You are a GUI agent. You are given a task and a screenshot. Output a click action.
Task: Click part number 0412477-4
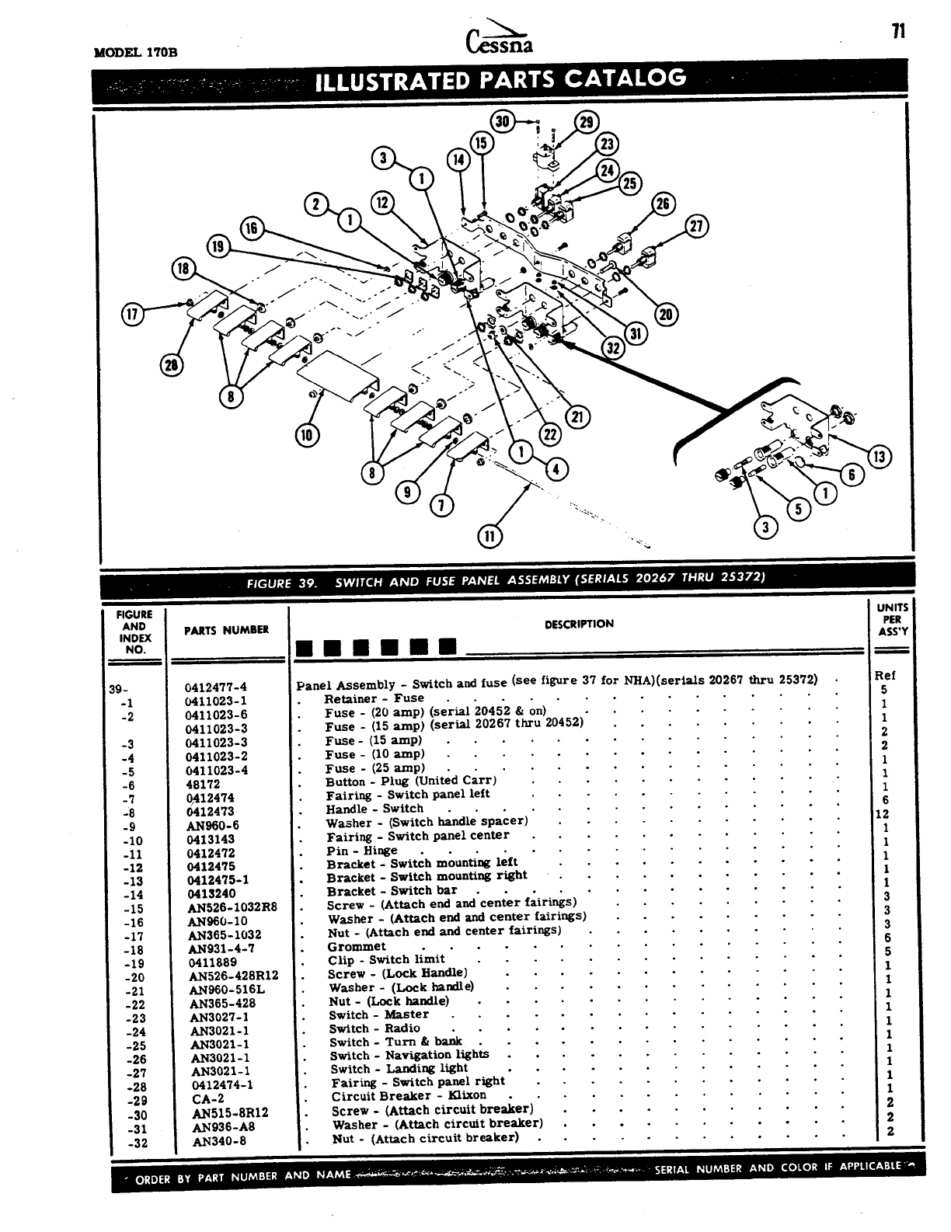tap(215, 687)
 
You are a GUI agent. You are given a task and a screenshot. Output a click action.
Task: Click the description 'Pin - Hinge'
tap(361, 851)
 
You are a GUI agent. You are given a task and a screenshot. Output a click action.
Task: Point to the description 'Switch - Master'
tap(378, 1014)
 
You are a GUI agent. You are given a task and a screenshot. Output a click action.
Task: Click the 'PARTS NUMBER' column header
tap(226, 630)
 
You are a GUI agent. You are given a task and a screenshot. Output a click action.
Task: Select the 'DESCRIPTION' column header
tap(578, 624)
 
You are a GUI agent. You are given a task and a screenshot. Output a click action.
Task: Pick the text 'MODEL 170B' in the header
tap(135, 53)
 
